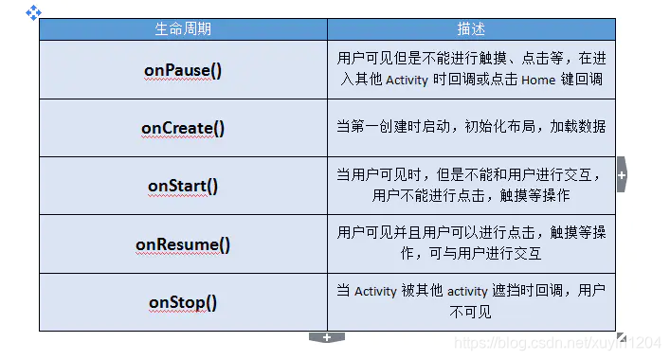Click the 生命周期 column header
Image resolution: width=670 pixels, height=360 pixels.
click(x=183, y=29)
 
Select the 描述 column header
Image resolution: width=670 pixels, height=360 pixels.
click(x=471, y=29)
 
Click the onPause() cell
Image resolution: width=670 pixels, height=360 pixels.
click(x=183, y=70)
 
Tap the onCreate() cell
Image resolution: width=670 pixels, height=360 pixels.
click(x=183, y=128)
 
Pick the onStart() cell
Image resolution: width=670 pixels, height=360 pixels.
click(x=183, y=186)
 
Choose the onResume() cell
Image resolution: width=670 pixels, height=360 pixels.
click(x=183, y=243)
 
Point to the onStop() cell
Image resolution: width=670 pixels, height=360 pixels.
click(x=183, y=302)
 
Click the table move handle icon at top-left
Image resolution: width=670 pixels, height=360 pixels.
click(x=33, y=12)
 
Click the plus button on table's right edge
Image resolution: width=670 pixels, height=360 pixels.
click(x=622, y=175)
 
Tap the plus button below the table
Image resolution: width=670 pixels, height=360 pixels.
click(x=327, y=337)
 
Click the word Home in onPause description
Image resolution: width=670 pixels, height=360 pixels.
click(x=537, y=81)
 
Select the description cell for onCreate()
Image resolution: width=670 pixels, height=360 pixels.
click(x=471, y=127)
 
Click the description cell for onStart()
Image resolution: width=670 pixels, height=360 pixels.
click(x=471, y=186)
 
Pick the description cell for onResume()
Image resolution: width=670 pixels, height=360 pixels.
click(x=471, y=243)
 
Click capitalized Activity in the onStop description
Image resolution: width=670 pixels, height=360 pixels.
click(x=375, y=292)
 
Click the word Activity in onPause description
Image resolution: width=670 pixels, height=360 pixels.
click(x=407, y=81)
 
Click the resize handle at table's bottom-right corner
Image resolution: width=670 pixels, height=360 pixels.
click(x=621, y=336)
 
